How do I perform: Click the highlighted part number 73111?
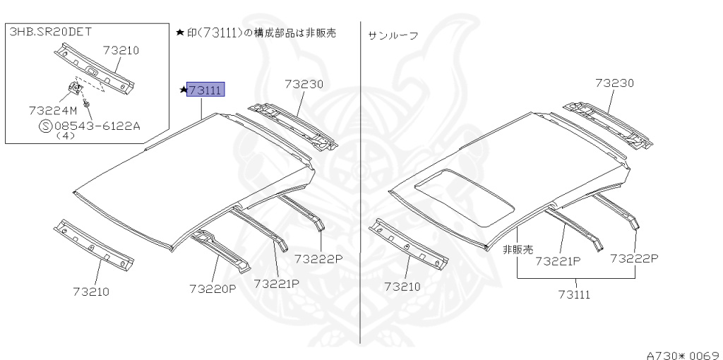pos(205,90)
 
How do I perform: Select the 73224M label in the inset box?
pos(53,110)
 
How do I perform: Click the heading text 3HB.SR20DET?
pos(50,32)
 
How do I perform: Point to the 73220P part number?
pos(213,288)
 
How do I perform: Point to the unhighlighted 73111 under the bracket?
pos(573,294)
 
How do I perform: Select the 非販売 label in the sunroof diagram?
pos(518,249)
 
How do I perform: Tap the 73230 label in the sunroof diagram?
pos(614,83)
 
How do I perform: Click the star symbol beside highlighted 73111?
pos(182,90)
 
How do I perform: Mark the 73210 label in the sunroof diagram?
pos(402,286)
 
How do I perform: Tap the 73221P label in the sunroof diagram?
pos(558,260)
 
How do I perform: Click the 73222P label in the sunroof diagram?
pos(634,258)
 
